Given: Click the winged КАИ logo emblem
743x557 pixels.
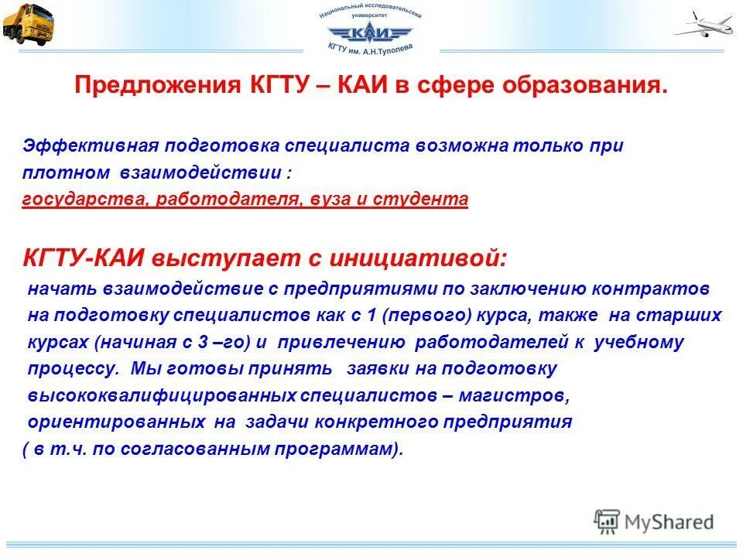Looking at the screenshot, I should coord(371,32).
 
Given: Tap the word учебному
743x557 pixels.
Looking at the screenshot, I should coord(639,342).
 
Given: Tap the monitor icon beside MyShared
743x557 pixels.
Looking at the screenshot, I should coord(608,521).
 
